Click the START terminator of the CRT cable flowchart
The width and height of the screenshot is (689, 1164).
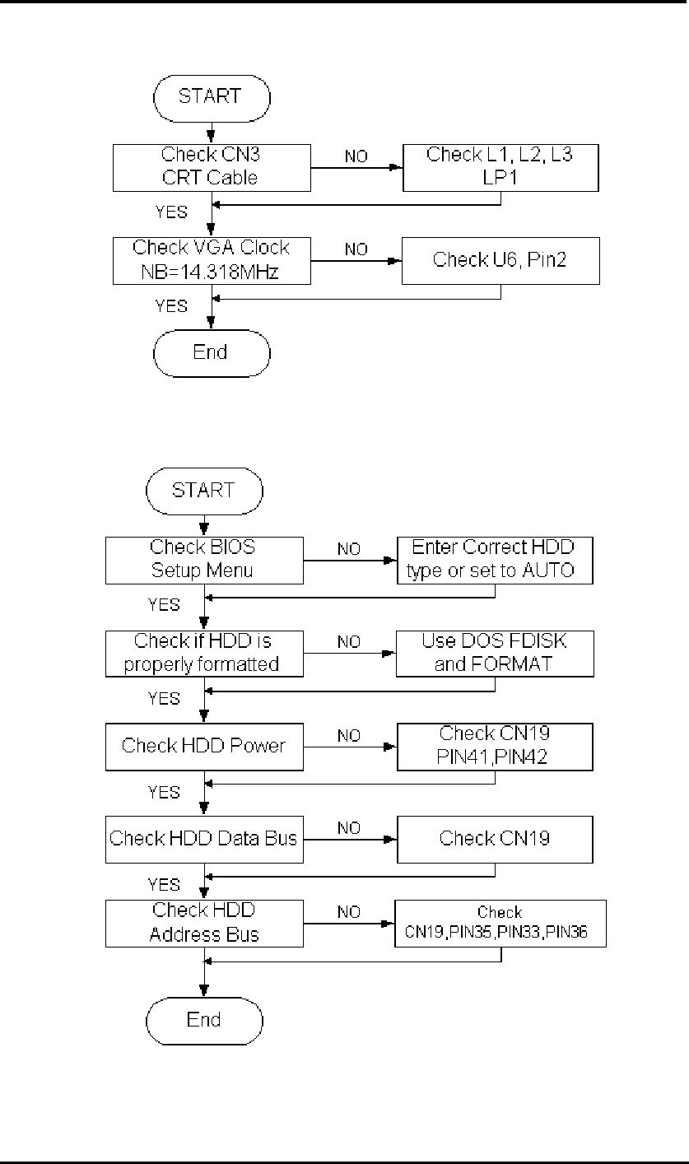point(212,96)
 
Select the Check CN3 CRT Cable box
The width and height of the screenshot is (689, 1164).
point(212,167)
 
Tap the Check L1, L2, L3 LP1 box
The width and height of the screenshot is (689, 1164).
point(500,167)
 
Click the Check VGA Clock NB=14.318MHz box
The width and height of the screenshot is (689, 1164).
point(212,260)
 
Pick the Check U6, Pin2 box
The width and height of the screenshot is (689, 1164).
point(500,260)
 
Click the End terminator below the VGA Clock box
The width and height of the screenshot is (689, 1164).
point(212,352)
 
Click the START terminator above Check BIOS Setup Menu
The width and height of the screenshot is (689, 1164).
point(204,491)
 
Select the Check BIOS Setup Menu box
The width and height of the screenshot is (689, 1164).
point(204,560)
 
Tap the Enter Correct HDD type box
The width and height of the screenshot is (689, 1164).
point(494,560)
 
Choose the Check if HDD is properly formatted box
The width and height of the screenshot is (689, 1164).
point(204,654)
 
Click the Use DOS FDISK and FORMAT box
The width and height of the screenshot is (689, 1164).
point(494,654)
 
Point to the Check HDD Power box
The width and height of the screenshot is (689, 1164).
point(204,747)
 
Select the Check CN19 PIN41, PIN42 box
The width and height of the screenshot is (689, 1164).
point(494,747)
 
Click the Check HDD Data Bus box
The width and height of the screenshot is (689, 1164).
point(204,839)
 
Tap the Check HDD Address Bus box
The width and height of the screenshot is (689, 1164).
point(204,923)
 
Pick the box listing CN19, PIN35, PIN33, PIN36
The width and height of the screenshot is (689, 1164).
point(500,924)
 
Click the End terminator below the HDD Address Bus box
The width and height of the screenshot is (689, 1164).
point(204,1020)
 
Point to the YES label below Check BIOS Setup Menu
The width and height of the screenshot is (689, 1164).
point(163,605)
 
